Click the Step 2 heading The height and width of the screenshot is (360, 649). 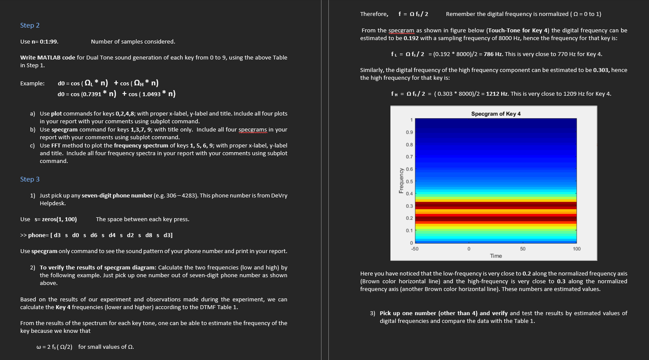click(30, 25)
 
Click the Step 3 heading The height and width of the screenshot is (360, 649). click(30, 179)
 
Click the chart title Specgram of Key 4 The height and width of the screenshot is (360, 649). click(496, 114)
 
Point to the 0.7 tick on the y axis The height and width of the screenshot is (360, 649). click(409, 157)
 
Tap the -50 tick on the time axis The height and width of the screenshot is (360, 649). click(415, 249)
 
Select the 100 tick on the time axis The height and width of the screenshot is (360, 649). click(577, 249)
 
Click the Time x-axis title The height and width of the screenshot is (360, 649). click(496, 256)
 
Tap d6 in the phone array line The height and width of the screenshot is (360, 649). click(94, 235)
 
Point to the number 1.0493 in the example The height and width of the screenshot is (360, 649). click(150, 94)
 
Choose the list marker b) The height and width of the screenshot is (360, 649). click(33, 130)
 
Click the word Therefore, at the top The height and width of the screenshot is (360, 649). click(374, 14)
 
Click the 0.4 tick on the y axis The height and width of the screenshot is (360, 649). click(409, 194)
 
